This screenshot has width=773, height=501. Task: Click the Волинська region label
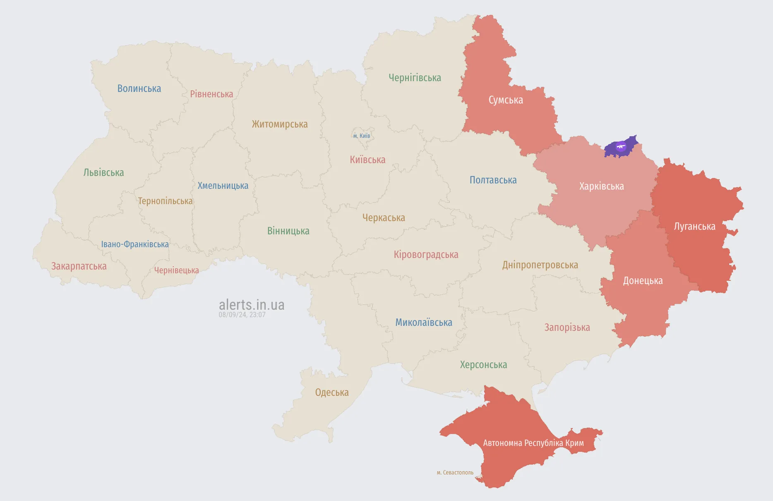pyautogui.click(x=139, y=89)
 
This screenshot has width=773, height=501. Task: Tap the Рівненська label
pyautogui.click(x=211, y=94)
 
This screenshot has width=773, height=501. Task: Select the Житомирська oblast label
pyautogui.click(x=280, y=124)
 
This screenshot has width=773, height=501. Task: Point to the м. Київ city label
pyautogui.click(x=362, y=136)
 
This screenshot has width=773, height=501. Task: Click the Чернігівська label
pyautogui.click(x=415, y=78)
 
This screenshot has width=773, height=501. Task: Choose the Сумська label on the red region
pyautogui.click(x=506, y=100)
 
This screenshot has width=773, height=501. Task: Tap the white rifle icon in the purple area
pyautogui.click(x=621, y=146)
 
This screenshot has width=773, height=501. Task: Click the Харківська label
pyautogui.click(x=601, y=186)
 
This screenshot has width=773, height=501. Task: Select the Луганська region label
pyautogui.click(x=694, y=226)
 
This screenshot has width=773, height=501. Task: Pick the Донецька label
pyautogui.click(x=643, y=281)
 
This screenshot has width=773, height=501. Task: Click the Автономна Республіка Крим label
pyautogui.click(x=533, y=443)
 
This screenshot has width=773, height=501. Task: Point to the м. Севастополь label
pyautogui.click(x=455, y=472)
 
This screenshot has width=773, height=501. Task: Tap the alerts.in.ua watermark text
pyautogui.click(x=252, y=305)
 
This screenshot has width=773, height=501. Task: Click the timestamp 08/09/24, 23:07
pyautogui.click(x=242, y=315)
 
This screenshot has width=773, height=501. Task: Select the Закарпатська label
pyautogui.click(x=79, y=266)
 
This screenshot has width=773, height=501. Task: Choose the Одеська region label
pyautogui.click(x=332, y=393)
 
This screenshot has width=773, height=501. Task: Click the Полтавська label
pyautogui.click(x=493, y=180)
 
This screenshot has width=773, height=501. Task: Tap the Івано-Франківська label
pyautogui.click(x=135, y=244)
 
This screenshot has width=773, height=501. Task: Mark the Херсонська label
pyautogui.click(x=483, y=365)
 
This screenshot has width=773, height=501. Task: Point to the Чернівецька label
pyautogui.click(x=176, y=270)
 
